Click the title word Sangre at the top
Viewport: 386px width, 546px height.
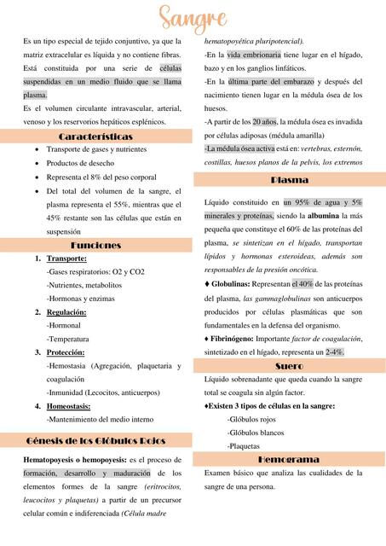click(x=193, y=17)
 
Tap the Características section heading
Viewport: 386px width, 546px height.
click(x=95, y=136)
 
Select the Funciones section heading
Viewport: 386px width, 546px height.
click(x=95, y=245)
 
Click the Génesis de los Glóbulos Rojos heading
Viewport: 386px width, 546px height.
click(x=95, y=440)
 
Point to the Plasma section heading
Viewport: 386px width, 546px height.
click(x=289, y=181)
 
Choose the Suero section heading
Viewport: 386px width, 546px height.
click(x=289, y=366)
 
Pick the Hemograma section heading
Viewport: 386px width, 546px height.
click(x=289, y=459)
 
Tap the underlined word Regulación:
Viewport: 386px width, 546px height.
click(x=66, y=312)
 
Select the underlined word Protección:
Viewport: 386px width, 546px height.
click(x=66, y=352)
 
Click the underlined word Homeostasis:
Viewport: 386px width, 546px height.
click(x=69, y=406)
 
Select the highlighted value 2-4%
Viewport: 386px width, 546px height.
click(x=334, y=351)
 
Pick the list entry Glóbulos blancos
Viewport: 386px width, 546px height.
click(x=254, y=433)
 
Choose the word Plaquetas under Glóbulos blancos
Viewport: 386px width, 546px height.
click(x=244, y=446)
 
